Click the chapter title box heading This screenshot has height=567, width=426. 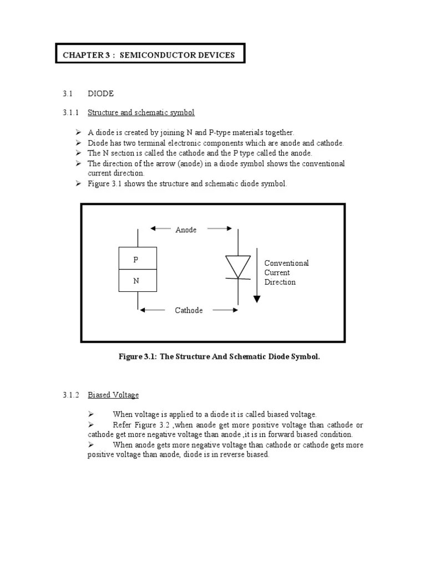149,55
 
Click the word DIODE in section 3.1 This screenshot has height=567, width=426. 100,94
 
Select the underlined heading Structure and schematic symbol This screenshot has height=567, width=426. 141,112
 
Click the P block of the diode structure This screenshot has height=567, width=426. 138,259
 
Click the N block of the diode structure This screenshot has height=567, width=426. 138,281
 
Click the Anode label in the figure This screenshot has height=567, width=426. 186,230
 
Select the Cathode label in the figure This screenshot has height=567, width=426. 189,311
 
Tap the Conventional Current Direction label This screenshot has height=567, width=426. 286,272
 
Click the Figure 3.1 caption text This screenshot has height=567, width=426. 219,357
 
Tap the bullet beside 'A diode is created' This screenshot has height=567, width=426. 78,132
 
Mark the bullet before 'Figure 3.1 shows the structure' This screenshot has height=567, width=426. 78,183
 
